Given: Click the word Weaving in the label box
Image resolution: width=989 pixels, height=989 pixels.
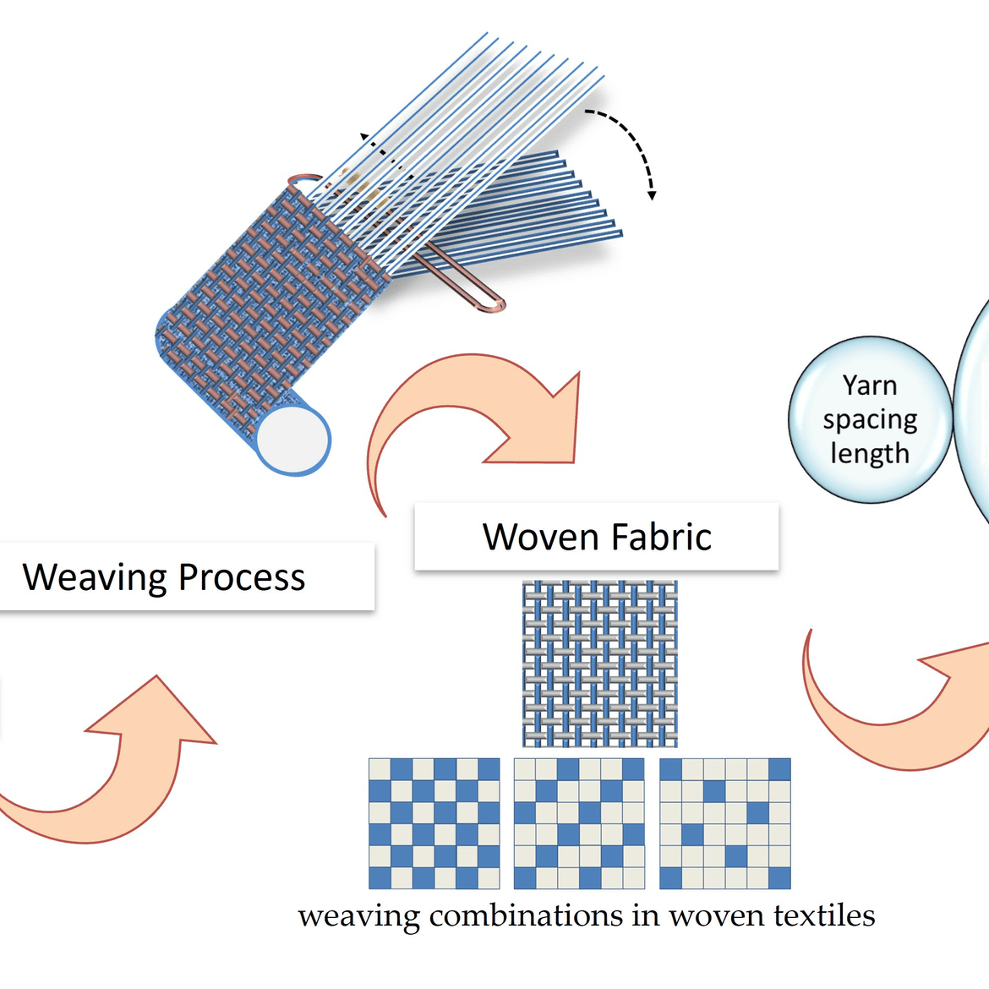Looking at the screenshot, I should (95, 578).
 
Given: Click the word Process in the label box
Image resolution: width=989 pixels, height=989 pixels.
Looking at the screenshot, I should (242, 578).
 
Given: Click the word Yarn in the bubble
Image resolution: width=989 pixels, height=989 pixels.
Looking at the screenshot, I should (869, 385).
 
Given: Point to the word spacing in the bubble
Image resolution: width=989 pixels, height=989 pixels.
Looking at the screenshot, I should (870, 420).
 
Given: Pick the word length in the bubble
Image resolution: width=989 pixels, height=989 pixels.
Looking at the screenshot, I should (869, 454).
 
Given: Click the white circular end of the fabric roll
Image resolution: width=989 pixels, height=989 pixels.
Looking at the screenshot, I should (292, 440).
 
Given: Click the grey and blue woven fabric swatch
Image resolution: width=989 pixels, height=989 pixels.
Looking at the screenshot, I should (599, 663).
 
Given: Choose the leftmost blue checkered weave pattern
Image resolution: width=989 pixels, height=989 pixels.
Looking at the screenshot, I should (434, 823).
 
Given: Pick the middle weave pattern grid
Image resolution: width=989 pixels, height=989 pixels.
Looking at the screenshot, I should (579, 823).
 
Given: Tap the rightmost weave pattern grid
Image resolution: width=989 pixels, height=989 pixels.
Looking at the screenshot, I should (724, 823).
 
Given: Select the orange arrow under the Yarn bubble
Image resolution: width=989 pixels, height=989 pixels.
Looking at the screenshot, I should (888, 710).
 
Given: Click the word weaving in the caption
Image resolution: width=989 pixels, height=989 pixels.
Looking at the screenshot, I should (358, 916).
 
